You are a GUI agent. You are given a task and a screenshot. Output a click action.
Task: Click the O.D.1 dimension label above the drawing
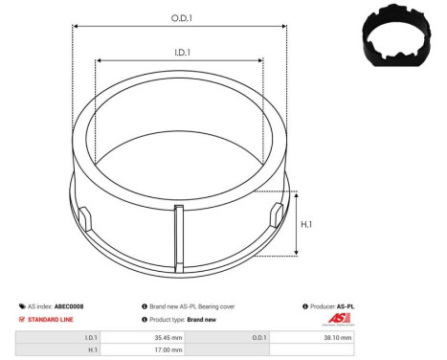point(180,17)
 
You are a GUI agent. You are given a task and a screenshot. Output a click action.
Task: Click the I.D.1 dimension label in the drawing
point(179,53)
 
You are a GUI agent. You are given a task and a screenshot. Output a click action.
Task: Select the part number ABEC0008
point(69,306)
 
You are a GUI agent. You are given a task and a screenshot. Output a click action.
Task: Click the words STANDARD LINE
point(49,319)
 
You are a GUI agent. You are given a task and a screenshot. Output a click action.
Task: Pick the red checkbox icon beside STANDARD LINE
point(21,319)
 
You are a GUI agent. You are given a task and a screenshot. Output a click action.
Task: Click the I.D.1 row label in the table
point(90,337)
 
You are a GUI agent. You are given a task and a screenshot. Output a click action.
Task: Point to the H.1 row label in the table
point(92,350)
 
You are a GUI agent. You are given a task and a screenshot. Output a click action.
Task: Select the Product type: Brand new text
point(183,319)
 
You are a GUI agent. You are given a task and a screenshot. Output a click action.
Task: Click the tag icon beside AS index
point(21,306)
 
